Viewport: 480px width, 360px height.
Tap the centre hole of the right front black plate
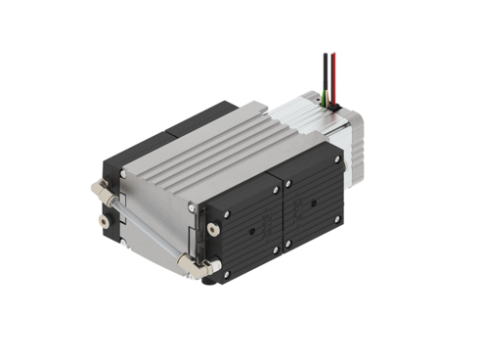click(x=315, y=205)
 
